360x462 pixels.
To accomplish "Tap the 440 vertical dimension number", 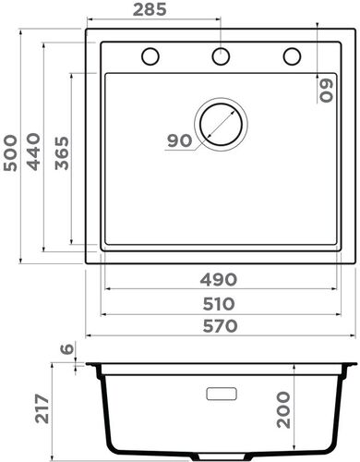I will (x=36, y=149).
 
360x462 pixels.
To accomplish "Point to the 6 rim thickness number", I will (x=66, y=349).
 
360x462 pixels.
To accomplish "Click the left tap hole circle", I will (x=150, y=56).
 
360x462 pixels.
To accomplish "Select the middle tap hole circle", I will (x=221, y=56).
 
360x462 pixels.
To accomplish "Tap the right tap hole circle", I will (x=292, y=56).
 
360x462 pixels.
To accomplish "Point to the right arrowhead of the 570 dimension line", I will (x=352, y=335).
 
